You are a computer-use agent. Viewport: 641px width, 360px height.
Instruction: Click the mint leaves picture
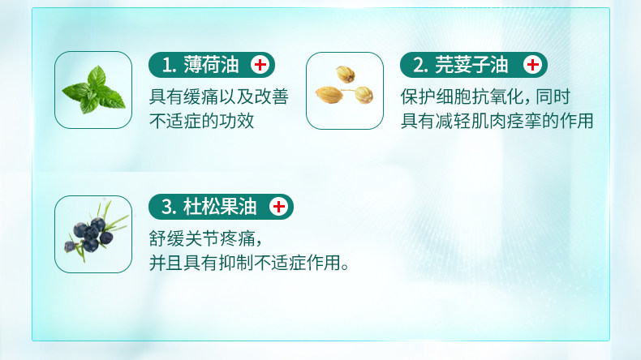click(x=93, y=90)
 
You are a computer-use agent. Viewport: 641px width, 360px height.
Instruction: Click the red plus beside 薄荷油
click(x=260, y=65)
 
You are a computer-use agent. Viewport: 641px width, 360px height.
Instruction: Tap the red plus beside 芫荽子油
click(x=532, y=65)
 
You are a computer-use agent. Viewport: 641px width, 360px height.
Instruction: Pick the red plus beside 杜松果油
click(x=279, y=207)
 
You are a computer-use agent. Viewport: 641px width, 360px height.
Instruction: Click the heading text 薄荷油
click(x=211, y=65)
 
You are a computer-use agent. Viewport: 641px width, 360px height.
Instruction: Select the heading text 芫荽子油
click(x=471, y=65)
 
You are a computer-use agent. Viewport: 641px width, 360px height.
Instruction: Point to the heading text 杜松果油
click(x=220, y=207)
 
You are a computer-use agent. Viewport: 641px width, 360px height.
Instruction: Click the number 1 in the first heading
click(x=167, y=66)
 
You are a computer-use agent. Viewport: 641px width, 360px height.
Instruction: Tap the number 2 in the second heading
click(x=419, y=66)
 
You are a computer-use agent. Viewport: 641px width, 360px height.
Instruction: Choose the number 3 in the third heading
click(x=167, y=208)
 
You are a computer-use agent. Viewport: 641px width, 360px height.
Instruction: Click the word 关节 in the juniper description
click(x=202, y=238)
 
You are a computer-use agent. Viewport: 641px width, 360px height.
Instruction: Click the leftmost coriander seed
click(x=329, y=95)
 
